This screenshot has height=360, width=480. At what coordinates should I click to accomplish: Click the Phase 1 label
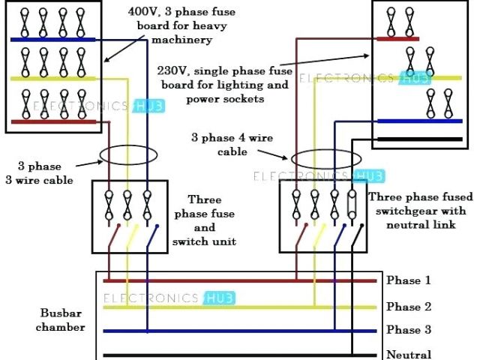coord(409,280)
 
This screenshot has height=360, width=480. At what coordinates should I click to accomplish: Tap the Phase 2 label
coord(409,307)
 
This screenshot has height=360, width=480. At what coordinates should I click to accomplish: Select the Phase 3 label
coord(409,330)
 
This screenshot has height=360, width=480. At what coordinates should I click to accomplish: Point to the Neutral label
coord(409,354)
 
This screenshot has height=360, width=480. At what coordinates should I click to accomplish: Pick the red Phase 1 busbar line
coord(240,281)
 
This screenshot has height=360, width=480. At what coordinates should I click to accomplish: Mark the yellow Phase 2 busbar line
coord(240,307)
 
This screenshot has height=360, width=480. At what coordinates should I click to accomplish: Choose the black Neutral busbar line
coord(240,355)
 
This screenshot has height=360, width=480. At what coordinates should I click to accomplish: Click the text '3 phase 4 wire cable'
coord(232,144)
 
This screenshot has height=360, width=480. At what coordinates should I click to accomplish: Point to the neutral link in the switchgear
coord(352,202)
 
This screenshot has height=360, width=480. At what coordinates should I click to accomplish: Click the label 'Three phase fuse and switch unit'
coord(204,220)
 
